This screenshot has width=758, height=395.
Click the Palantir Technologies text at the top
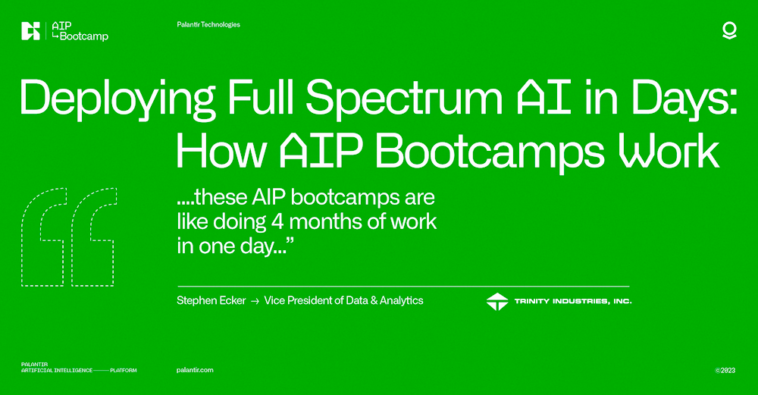point(208,25)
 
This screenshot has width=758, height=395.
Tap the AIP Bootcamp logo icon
point(31,31)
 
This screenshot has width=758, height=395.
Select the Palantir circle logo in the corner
point(729,30)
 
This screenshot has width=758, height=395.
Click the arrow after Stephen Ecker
point(255,301)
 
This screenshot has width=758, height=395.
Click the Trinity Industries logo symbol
point(497,301)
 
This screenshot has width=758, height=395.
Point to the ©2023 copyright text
point(725,370)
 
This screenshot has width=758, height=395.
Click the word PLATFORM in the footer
point(124,370)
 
